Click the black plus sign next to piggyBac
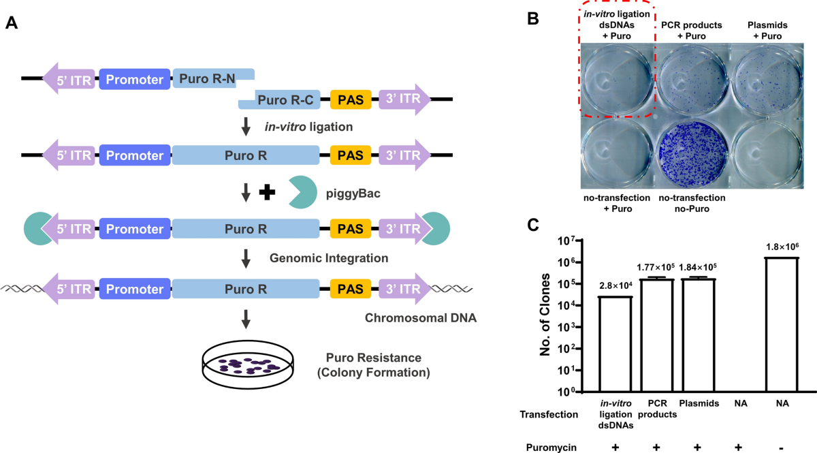click(x=269, y=193)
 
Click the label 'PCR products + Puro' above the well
click(x=692, y=30)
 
